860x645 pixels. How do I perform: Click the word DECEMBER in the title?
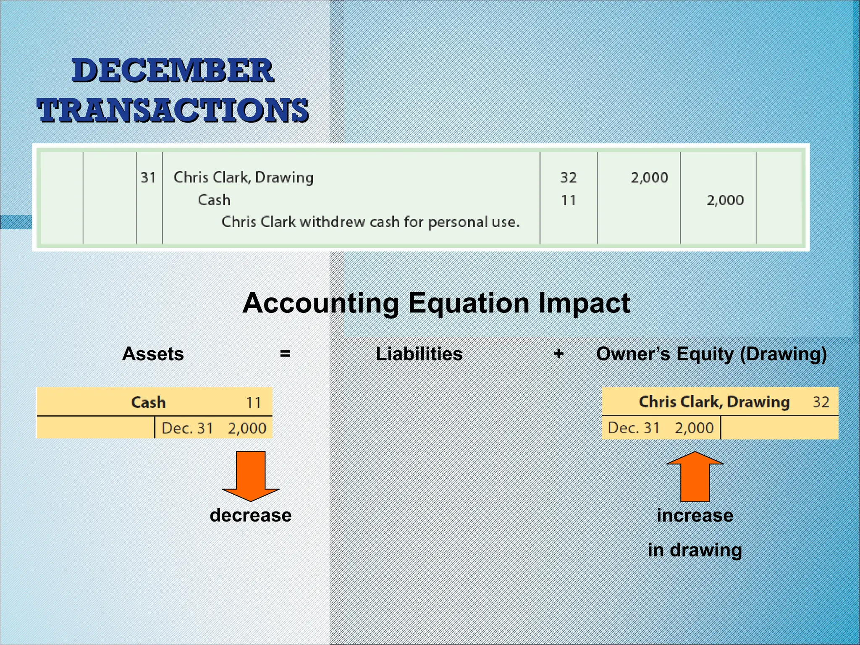173,71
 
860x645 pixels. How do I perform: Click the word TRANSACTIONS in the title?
173,110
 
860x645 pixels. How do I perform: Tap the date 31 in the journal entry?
148,178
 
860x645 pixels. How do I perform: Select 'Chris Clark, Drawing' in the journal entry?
244,178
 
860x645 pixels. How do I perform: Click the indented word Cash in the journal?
214,200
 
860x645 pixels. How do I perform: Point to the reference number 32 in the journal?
569,178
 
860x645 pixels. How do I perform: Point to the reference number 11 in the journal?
569,200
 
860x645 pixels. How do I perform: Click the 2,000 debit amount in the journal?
649,178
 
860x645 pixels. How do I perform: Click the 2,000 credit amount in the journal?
725,200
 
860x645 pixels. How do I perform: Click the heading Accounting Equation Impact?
436,303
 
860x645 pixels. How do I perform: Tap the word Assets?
153,354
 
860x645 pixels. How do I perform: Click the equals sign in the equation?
285,354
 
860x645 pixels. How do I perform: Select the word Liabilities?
419,354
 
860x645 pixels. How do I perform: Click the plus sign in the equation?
558,354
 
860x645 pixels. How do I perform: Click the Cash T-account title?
148,402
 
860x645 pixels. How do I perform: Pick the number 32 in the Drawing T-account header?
821,402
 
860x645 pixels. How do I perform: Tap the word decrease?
251,515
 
